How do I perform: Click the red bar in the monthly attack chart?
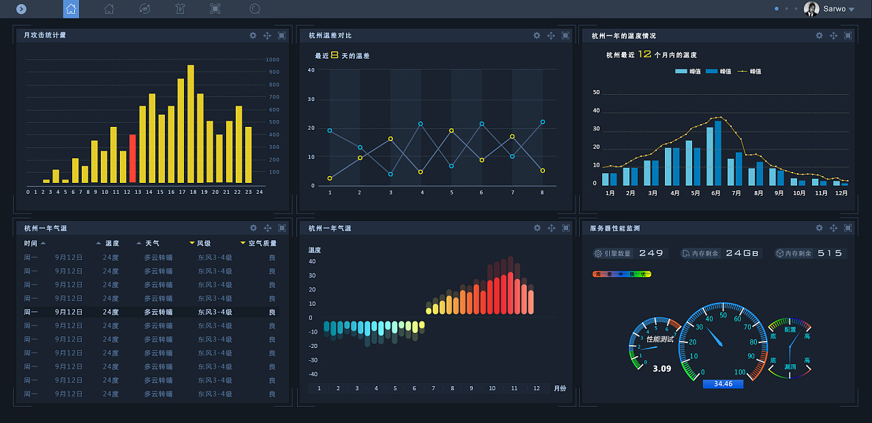click(x=133, y=158)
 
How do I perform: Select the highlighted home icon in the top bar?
click(x=71, y=9)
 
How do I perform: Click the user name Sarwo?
click(x=835, y=9)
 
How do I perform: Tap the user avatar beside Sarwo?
click(x=811, y=9)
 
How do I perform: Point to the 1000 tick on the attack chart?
click(x=273, y=59)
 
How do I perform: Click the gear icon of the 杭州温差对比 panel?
click(x=537, y=35)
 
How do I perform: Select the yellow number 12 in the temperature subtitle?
click(x=644, y=54)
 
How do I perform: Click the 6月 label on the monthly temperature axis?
click(x=715, y=193)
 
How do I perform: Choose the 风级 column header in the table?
click(x=204, y=243)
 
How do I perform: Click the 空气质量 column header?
click(x=262, y=243)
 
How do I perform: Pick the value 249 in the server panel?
click(x=651, y=253)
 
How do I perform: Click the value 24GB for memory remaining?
click(x=742, y=253)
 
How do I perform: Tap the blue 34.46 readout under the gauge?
click(x=723, y=384)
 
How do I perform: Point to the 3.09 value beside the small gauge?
click(x=661, y=369)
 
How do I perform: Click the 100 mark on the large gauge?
click(x=740, y=372)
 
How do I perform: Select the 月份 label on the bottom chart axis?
click(x=559, y=388)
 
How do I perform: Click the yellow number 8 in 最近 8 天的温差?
click(x=334, y=55)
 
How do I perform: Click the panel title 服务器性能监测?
click(x=614, y=228)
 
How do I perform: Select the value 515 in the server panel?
click(x=830, y=253)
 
